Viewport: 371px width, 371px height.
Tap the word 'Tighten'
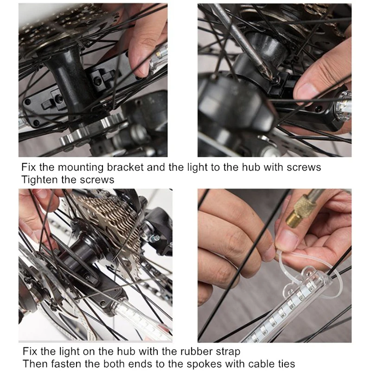pos(40,179)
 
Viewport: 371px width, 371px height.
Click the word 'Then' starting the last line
pos(34,364)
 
